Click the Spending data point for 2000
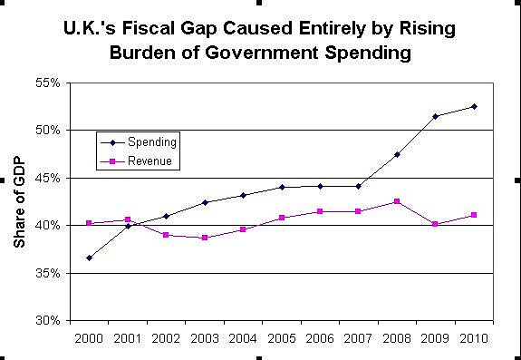click(x=89, y=258)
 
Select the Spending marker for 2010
click(x=474, y=106)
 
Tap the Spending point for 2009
click(x=436, y=116)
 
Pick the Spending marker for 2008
click(x=397, y=154)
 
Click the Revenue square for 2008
click(x=397, y=201)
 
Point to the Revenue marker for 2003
click(x=205, y=238)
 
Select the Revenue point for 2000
click(x=89, y=223)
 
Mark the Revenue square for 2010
click(x=474, y=215)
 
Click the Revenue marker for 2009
click(x=436, y=224)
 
